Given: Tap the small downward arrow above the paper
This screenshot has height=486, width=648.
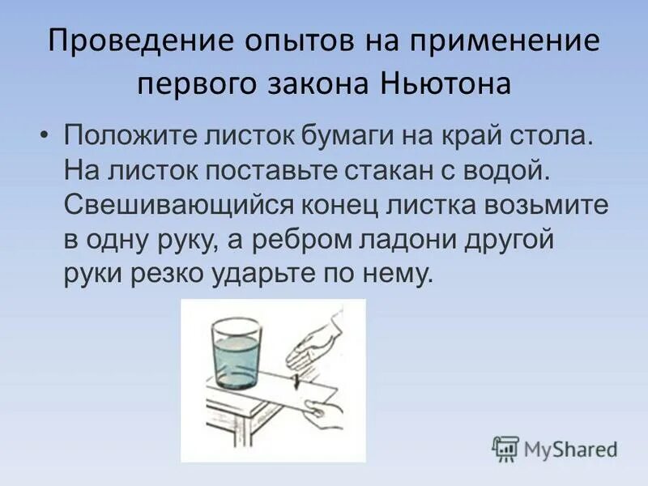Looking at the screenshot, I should [x=296, y=376].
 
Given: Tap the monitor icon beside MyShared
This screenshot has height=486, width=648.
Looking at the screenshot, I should [x=505, y=447].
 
